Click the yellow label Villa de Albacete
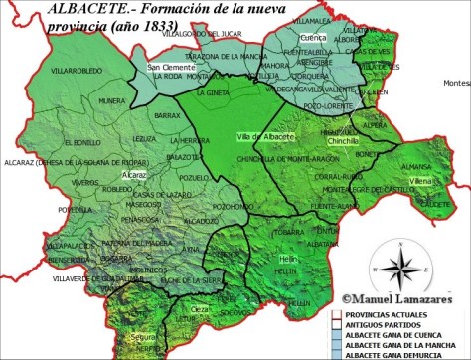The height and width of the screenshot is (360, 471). click(264, 136)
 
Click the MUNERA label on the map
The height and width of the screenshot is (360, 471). click(112, 100)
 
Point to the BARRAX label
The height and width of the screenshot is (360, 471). click(167, 115)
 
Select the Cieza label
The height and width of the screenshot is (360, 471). click(200, 309)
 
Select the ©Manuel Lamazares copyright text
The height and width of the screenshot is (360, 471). click(395, 296)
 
